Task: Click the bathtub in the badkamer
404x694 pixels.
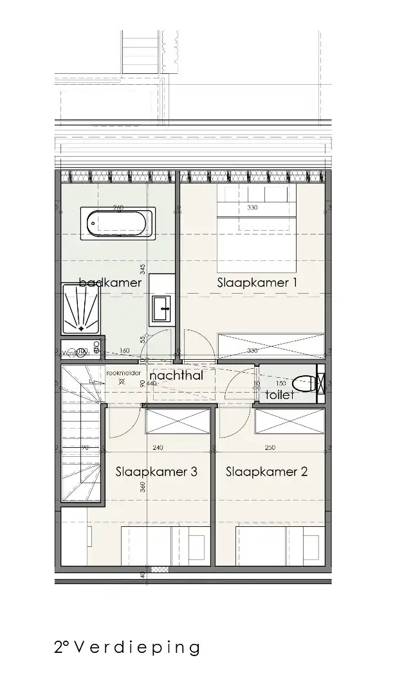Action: tap(120, 224)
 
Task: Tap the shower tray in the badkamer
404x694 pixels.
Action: tap(82, 308)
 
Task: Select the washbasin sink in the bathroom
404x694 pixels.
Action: tap(161, 308)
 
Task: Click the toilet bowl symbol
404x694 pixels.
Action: tap(305, 384)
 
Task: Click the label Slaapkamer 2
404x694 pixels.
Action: tap(266, 472)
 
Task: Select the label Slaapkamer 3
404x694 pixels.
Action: tap(156, 472)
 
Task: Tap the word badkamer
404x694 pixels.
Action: tap(110, 282)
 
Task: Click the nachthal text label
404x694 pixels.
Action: tap(176, 375)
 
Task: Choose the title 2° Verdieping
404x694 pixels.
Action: tap(127, 647)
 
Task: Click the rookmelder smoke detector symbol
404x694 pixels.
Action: tap(122, 382)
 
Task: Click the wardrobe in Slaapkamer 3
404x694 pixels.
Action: tap(178, 421)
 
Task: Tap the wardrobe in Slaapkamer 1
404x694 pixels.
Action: tap(271, 346)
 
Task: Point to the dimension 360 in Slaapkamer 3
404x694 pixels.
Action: tap(143, 488)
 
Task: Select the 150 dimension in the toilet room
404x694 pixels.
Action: tap(280, 384)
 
